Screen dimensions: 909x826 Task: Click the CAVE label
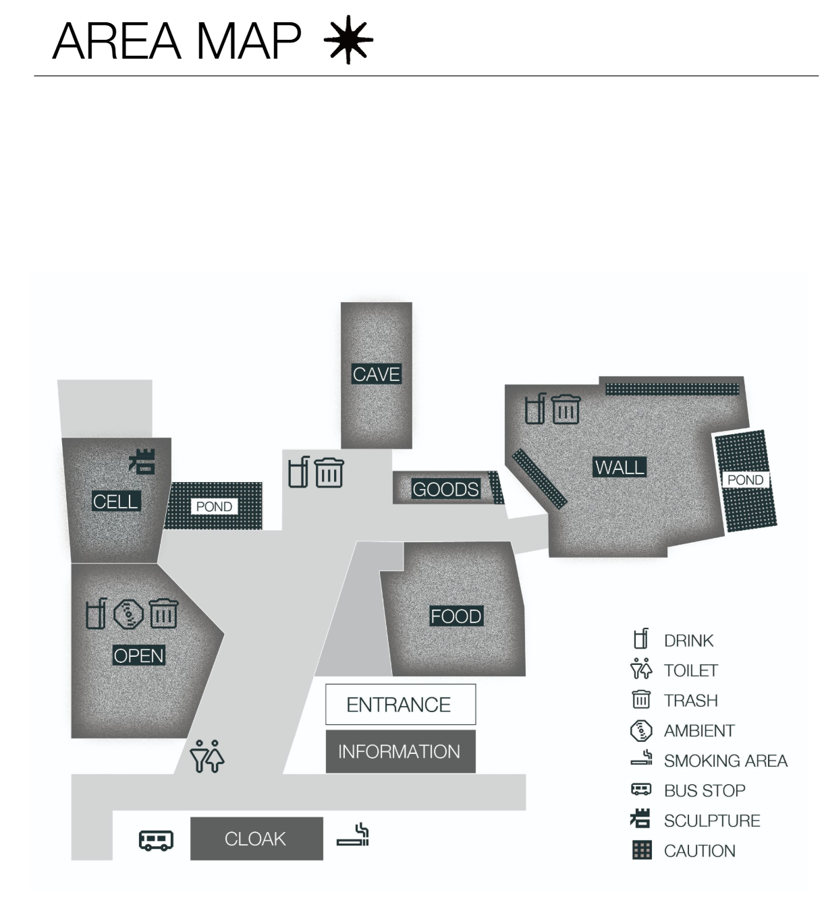(377, 374)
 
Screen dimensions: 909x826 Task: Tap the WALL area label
(619, 467)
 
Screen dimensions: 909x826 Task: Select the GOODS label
(445, 489)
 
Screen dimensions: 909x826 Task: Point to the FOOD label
(456, 616)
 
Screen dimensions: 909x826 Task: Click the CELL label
(115, 501)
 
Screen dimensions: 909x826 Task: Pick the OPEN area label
(138, 655)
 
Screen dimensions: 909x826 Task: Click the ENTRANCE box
(400, 705)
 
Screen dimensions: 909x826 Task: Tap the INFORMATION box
(400, 751)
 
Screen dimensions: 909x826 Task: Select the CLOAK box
(256, 839)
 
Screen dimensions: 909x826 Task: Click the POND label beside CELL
(214, 506)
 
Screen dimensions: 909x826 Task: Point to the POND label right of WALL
(745, 480)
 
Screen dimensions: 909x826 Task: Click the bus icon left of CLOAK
(156, 840)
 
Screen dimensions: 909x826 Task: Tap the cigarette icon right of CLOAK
(353, 835)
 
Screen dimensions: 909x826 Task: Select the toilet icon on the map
(207, 756)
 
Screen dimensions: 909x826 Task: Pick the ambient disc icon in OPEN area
(128, 614)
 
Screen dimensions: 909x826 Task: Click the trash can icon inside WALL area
(566, 409)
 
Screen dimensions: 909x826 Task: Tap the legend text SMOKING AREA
(725, 761)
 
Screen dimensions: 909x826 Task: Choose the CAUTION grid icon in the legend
(642, 850)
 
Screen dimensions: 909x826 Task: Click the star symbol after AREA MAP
(348, 41)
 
